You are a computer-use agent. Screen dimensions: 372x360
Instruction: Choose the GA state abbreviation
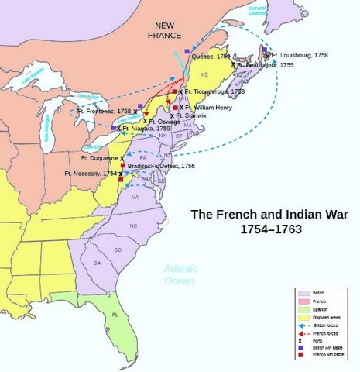[97, 263]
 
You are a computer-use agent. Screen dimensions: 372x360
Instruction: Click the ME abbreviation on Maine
[204, 74]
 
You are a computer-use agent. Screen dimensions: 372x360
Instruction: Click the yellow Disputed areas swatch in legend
[303, 316]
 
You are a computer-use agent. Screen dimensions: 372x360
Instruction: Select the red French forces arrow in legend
[303, 332]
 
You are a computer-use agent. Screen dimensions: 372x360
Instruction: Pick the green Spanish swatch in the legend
[303, 308]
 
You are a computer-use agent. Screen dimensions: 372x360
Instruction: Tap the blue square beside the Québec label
[187, 50]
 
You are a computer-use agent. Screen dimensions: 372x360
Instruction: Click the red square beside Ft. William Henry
[176, 108]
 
